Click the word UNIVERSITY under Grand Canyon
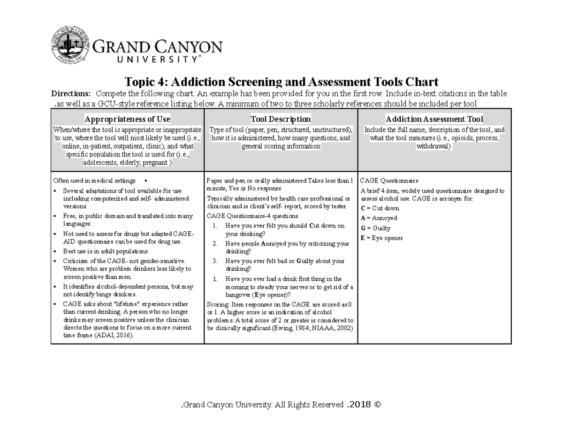coord(146,60)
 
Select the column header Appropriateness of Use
coord(127,119)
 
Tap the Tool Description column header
coord(281,119)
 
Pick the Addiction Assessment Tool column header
coord(434,119)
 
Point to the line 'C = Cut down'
coord(380,208)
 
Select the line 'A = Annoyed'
coord(379,218)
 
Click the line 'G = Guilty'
coord(375,228)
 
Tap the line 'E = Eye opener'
coord(381,238)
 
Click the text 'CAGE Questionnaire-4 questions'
coord(252,216)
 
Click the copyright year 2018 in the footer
coord(358,404)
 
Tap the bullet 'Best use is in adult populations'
coord(105,251)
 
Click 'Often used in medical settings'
coord(94,181)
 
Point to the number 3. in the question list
coord(215,261)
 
